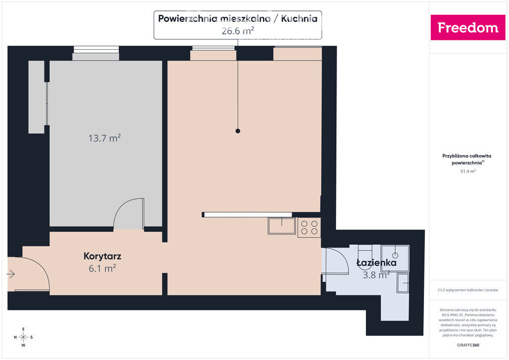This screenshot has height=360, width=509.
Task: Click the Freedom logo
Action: click(x=468, y=27)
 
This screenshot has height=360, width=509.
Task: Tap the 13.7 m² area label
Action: click(x=104, y=138)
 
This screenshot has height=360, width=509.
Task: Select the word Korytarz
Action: click(x=102, y=256)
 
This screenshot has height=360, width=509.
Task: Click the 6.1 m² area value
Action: click(x=102, y=269)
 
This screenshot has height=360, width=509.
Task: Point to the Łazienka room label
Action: click(x=377, y=262)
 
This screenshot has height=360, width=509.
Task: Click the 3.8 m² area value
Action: click(x=376, y=275)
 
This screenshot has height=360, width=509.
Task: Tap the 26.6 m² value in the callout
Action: click(x=238, y=31)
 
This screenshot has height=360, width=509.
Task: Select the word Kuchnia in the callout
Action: click(x=299, y=18)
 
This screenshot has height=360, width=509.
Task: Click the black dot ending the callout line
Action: click(x=238, y=131)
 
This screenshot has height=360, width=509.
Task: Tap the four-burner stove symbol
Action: click(x=309, y=227)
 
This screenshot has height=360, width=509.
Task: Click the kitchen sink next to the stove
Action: click(x=281, y=226)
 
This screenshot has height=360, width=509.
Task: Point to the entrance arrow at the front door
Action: click(x=11, y=274)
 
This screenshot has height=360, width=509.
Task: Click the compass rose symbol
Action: click(x=23, y=337)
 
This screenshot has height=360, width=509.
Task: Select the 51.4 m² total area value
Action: click(x=468, y=171)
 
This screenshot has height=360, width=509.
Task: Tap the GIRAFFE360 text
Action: click(x=468, y=345)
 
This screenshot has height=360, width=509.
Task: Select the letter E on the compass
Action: click(x=23, y=329)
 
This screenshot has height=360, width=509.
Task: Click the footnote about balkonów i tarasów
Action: click(x=468, y=290)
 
